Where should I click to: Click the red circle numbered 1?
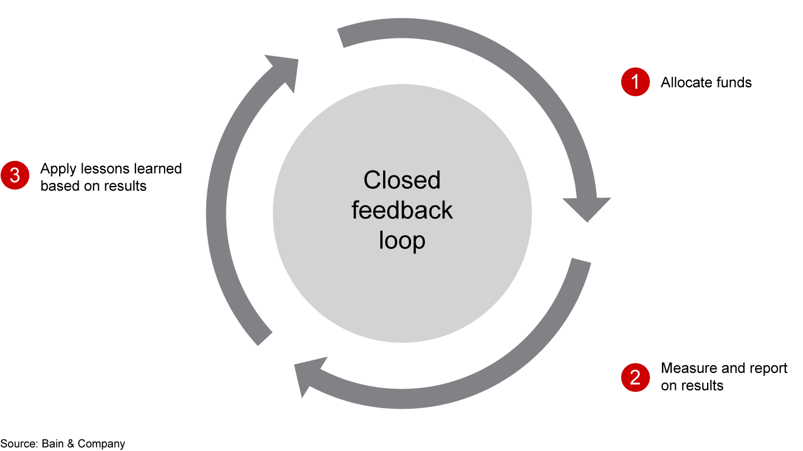(635, 82)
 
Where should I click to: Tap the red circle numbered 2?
(635, 378)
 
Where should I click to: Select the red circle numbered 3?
(15, 175)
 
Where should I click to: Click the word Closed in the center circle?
(401, 180)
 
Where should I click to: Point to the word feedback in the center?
(401, 211)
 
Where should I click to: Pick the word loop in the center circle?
(401, 241)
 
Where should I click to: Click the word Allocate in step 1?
(684, 83)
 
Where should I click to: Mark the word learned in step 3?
(159, 169)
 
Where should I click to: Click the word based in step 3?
(59, 186)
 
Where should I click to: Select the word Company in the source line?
(101, 444)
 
